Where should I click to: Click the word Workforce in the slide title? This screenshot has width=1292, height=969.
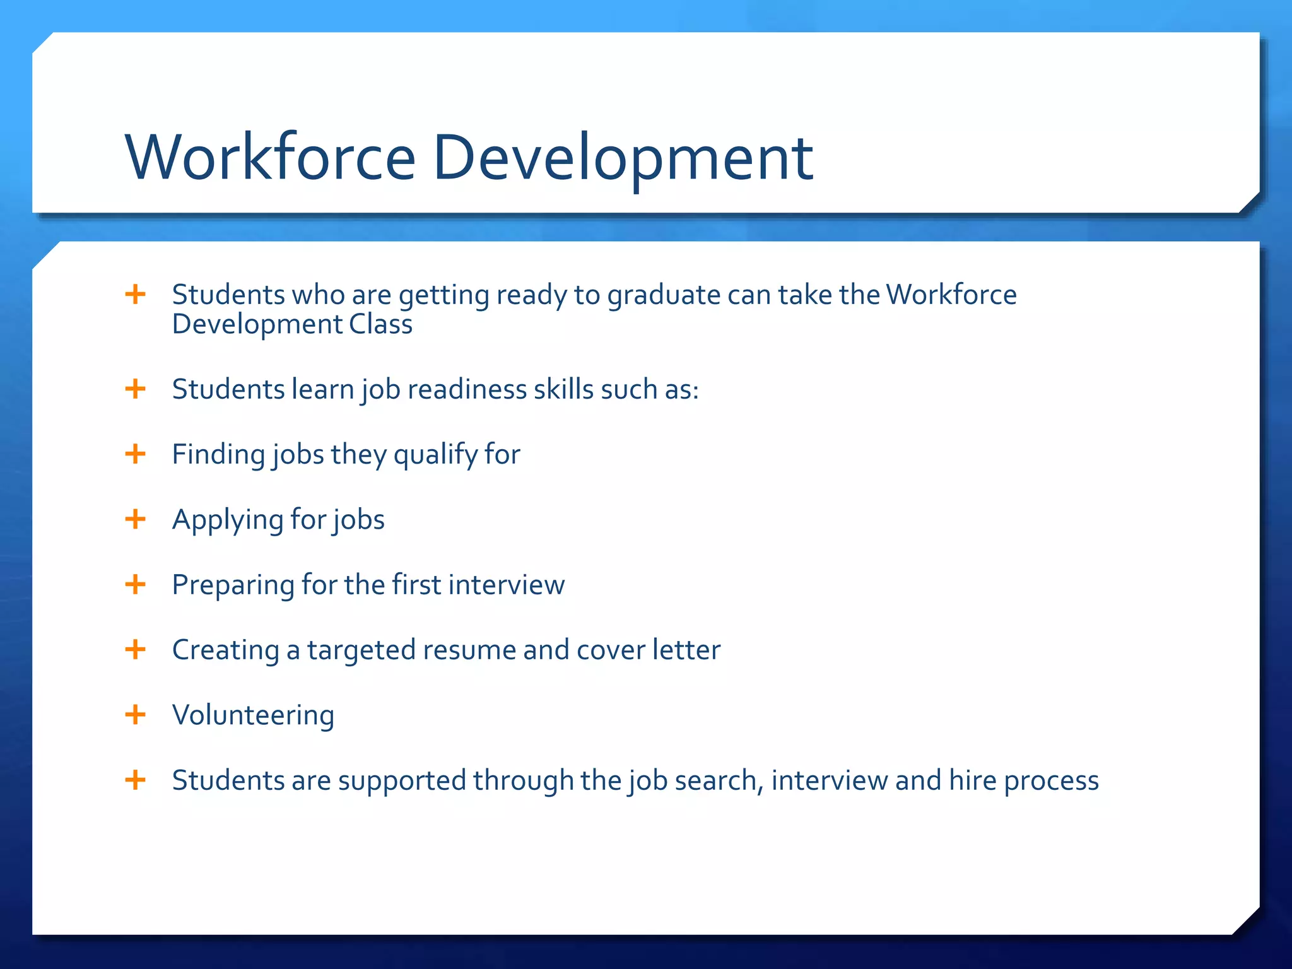[270, 157]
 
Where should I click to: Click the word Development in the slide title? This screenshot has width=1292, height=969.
[623, 157]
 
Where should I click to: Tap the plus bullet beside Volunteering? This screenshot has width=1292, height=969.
[135, 715]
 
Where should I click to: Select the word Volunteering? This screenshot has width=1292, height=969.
[253, 715]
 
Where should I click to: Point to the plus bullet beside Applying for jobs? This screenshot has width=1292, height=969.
[135, 519]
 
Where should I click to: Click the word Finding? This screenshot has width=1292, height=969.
[218, 455]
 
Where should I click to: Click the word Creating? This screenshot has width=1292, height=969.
[225, 650]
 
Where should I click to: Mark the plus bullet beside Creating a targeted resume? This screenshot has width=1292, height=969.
[135, 649]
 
